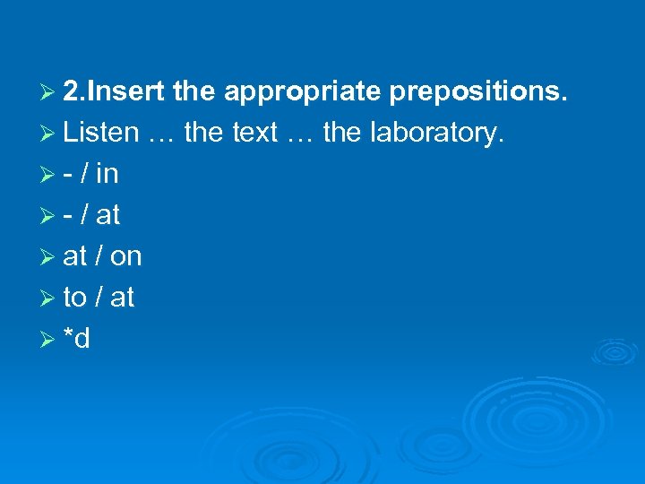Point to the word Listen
point(101,134)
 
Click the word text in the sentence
point(254,134)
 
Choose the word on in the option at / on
point(126,257)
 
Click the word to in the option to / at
point(74,298)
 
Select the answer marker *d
point(77,338)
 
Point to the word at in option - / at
point(107,215)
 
